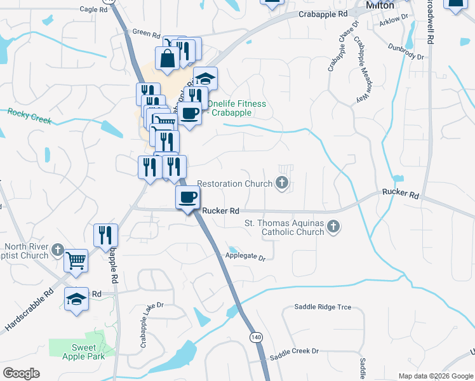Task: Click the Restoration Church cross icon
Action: [282, 184]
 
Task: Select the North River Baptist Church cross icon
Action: [58, 250]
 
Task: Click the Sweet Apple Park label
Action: [84, 352]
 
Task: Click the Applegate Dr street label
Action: [244, 257]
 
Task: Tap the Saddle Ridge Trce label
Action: [323, 307]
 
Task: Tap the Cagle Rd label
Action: [93, 10]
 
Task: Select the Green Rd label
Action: [145, 32]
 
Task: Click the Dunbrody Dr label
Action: [406, 50]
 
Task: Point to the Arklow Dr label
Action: [394, 22]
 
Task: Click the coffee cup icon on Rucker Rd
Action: [188, 197]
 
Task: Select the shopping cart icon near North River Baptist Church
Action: [76, 259]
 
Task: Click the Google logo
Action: [21, 373]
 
